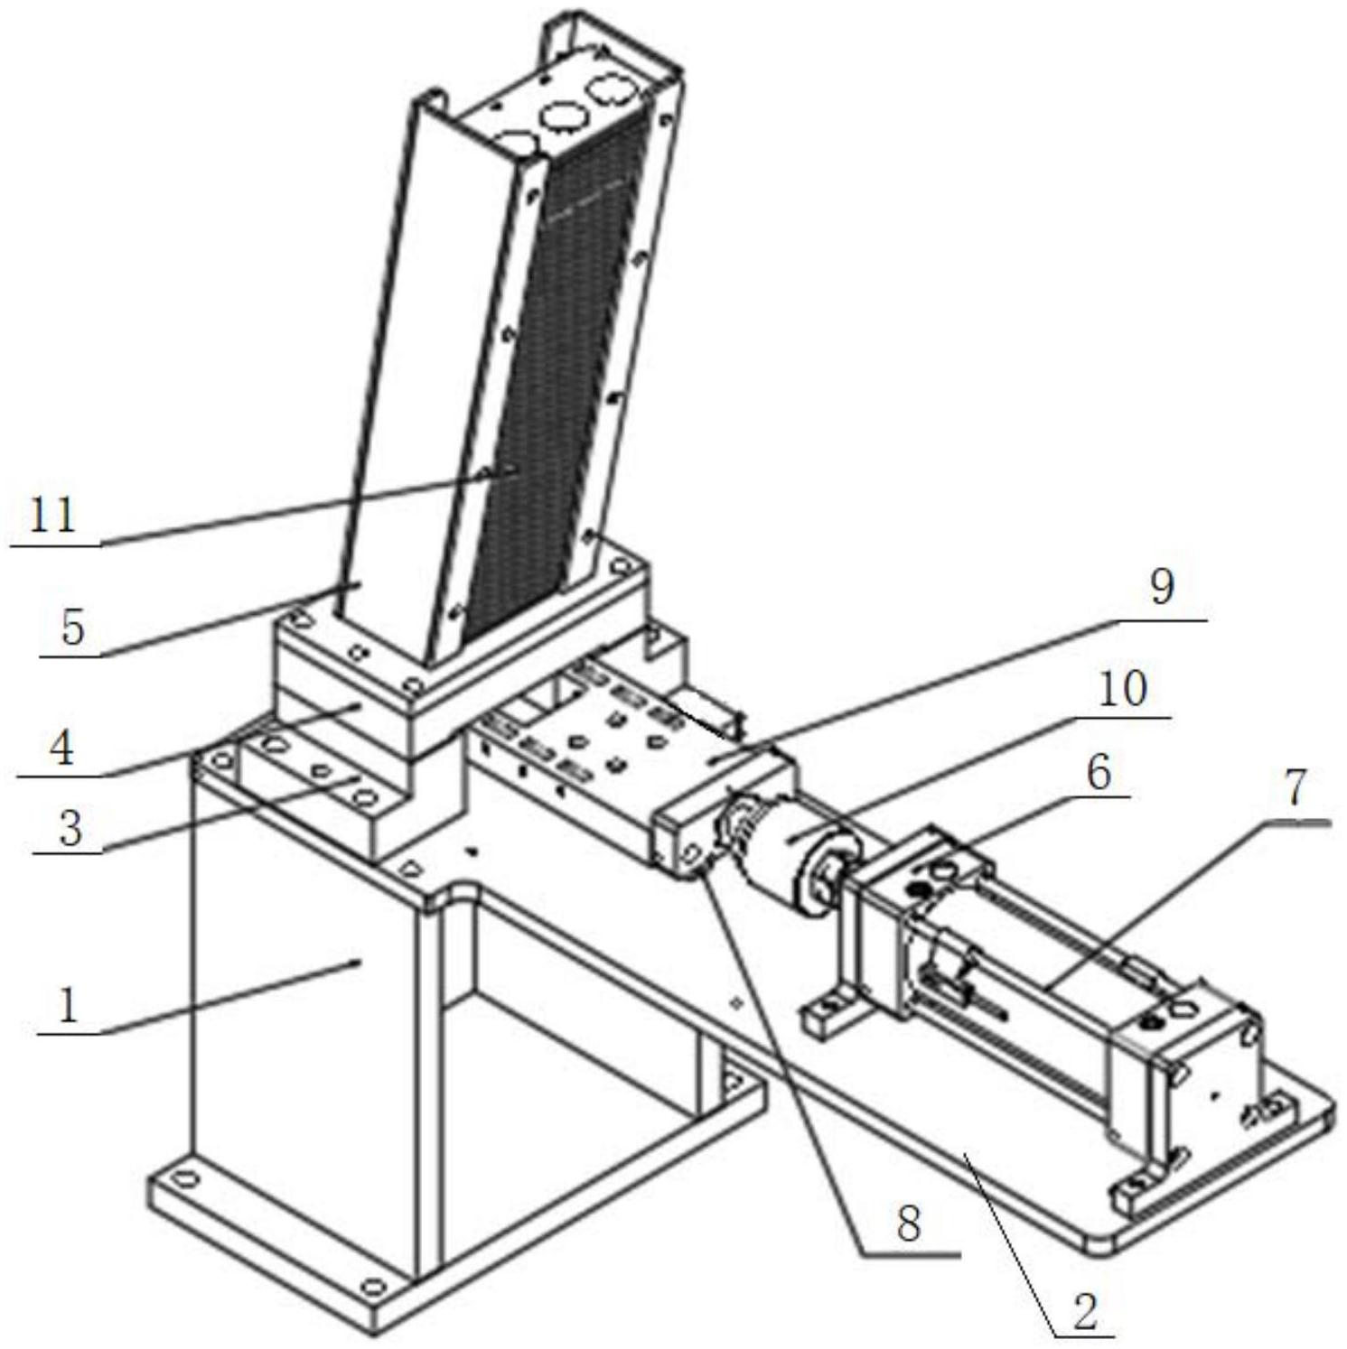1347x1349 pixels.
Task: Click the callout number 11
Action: (53, 516)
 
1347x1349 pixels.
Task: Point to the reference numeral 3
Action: (70, 827)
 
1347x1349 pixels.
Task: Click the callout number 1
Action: (68, 1004)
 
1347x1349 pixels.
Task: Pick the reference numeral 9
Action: (1162, 587)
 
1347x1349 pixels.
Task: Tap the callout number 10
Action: (1122, 689)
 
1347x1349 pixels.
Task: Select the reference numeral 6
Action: (1099, 773)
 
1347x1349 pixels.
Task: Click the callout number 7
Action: (1296, 789)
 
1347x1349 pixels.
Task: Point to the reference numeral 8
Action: (908, 1223)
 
